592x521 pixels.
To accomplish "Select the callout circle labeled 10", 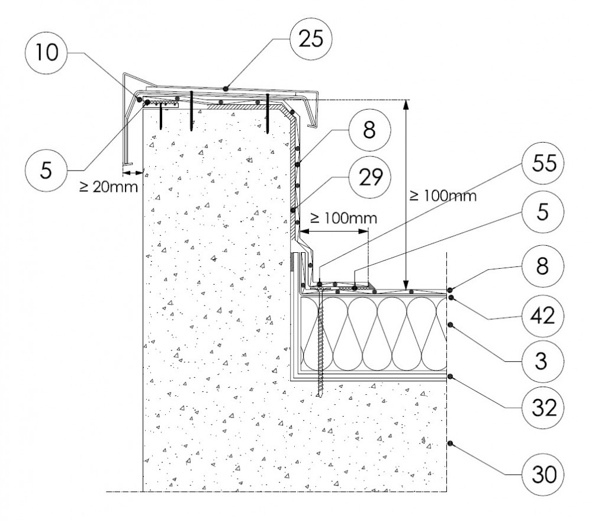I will coord(46,53).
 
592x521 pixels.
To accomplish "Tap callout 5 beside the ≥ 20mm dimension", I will coord(46,169).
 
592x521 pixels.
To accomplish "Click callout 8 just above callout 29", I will coord(369,131).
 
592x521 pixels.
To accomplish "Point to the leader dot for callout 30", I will coord(450,443).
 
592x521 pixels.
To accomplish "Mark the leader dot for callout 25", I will coord(226,89).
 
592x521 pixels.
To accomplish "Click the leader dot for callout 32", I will coord(450,376).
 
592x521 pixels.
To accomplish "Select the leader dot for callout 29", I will coord(293,210).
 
